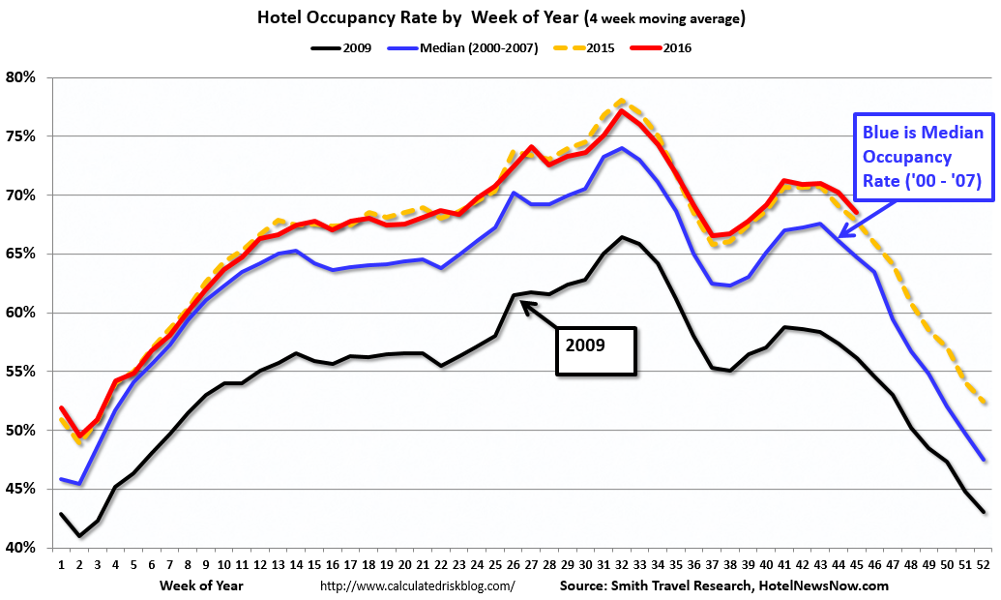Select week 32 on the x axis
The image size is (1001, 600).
[x=621, y=563]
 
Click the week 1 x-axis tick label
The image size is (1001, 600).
[x=61, y=563]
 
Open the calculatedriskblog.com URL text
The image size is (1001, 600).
[x=416, y=585]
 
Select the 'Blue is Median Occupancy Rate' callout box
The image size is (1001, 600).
[x=923, y=157]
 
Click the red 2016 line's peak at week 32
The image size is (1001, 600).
[x=622, y=110]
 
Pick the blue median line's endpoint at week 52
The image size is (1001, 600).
[x=985, y=460]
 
